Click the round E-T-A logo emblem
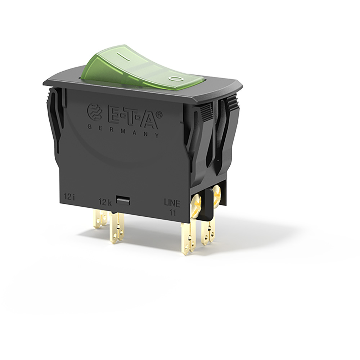(x=94, y=112)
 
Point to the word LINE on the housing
(x=172, y=204)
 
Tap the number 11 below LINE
(x=172, y=212)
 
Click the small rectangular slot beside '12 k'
(x=123, y=200)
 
